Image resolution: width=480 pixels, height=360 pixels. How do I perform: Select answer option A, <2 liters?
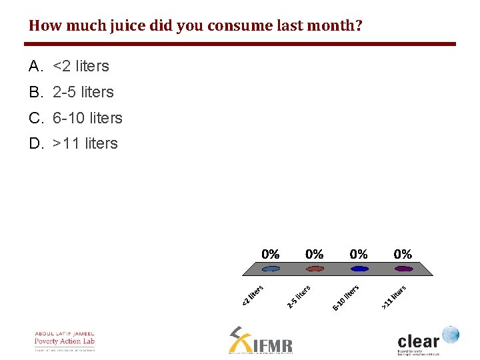click(x=81, y=66)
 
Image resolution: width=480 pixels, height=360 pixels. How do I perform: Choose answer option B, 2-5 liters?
click(x=83, y=92)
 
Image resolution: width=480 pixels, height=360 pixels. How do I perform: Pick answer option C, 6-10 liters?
click(x=87, y=118)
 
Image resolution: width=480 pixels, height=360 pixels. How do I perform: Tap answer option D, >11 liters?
click(x=85, y=143)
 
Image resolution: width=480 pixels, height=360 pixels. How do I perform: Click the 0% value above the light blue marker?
click(x=271, y=254)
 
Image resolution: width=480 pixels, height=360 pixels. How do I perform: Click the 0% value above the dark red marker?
click(x=315, y=254)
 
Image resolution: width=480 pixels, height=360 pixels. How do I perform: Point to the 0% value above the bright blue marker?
click(x=359, y=254)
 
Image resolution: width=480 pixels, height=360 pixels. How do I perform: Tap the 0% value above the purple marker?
click(x=403, y=254)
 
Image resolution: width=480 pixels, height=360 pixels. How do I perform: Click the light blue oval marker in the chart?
click(x=271, y=269)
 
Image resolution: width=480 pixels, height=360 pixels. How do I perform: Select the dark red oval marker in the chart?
click(x=315, y=269)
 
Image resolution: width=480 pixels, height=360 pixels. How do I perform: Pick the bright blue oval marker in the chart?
click(x=359, y=269)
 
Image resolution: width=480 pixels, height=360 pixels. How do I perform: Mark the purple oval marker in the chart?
click(x=403, y=269)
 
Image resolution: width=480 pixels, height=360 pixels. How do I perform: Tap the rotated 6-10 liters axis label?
click(x=346, y=297)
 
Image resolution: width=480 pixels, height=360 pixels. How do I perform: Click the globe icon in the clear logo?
click(x=450, y=334)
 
